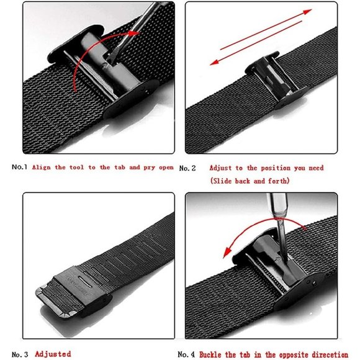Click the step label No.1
coord(19,167)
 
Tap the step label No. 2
coord(187,168)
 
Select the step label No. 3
coord(20,354)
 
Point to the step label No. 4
coord(186,354)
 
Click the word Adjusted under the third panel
coord(53,354)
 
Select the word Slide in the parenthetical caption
coord(222,181)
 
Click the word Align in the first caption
coord(42,168)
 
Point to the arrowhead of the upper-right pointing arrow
coord(308,11)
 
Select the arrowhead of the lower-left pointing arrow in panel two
coord(214,62)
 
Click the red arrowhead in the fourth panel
coord(227,253)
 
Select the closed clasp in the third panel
coord(74,292)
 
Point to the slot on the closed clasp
coord(84,281)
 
